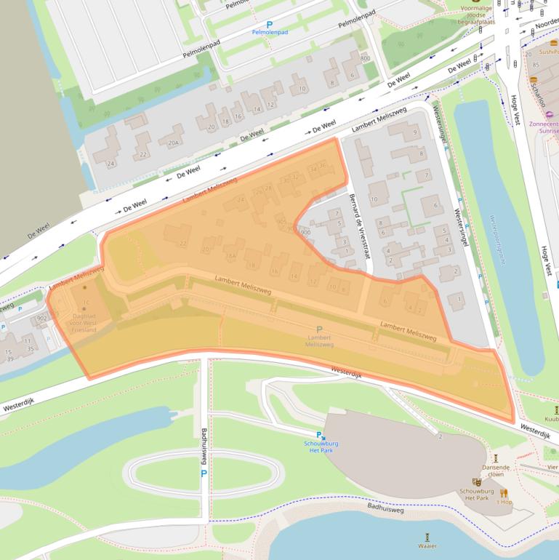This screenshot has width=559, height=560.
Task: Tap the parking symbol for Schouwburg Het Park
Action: [318, 435]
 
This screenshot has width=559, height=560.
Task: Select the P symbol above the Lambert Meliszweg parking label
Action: [319, 329]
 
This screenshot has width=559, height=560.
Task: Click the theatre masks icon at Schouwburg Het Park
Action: [477, 481]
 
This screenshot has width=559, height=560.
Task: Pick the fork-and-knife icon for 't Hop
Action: [504, 493]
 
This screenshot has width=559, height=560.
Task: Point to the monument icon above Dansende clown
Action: [496, 458]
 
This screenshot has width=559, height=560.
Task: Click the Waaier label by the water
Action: [427, 545]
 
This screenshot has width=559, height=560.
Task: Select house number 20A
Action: [173, 143]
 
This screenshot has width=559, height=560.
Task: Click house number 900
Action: [305, 232]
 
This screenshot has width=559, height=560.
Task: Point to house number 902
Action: [42, 318]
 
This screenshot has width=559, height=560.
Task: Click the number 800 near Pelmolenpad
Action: [364, 58]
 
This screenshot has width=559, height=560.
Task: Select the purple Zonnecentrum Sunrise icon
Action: [549, 113]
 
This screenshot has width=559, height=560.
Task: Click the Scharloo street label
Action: [538, 95]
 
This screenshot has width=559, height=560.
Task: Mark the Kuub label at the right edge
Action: [551, 419]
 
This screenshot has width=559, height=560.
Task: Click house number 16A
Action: [230, 256]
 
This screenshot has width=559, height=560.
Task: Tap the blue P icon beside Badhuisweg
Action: [204, 473]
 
